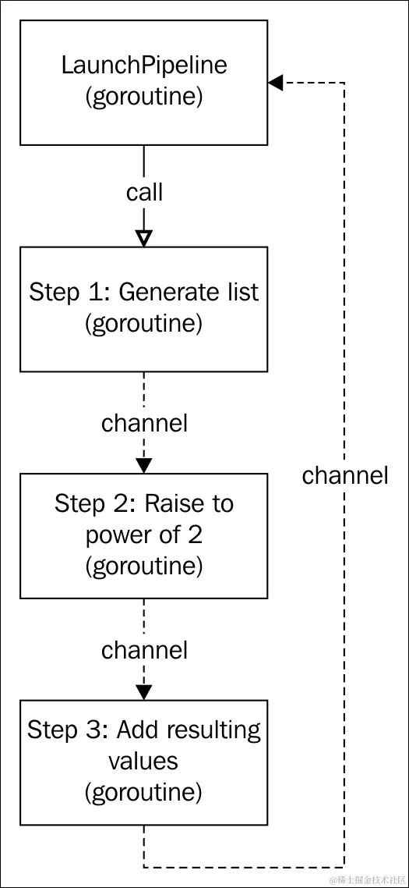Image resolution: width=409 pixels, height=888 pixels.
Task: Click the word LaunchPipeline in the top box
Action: [x=144, y=65]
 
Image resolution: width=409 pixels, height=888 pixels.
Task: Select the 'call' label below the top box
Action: [x=144, y=193]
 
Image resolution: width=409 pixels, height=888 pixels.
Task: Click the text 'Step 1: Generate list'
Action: [x=144, y=292]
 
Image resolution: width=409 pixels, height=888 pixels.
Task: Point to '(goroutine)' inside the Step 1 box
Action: [x=144, y=324]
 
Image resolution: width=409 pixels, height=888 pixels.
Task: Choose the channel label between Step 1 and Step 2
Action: [x=144, y=423]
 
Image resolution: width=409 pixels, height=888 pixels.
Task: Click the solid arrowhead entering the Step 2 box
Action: [x=144, y=464]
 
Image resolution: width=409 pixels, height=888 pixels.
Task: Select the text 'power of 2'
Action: [x=144, y=535]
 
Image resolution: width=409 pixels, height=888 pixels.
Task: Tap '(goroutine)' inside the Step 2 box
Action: [x=144, y=565]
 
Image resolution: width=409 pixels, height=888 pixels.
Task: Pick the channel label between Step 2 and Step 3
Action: [x=144, y=649]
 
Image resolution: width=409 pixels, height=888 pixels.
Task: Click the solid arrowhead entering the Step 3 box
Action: [x=144, y=691]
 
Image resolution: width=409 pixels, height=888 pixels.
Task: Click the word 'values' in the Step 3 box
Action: [x=144, y=761]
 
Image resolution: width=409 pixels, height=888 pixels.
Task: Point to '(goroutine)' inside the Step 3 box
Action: [x=144, y=792]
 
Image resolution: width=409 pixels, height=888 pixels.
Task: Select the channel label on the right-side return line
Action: [x=345, y=475]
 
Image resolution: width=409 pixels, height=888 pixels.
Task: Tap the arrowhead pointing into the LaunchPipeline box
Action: [x=275, y=83]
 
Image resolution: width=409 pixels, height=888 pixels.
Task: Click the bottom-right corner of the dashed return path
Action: [x=344, y=866]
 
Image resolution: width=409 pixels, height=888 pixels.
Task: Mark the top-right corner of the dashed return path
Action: [x=344, y=83]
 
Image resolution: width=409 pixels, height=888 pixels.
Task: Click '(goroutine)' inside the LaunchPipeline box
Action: [x=144, y=97]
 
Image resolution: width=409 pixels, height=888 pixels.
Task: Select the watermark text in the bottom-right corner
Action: [x=367, y=879]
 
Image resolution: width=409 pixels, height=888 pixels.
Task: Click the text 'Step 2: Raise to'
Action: [x=144, y=503]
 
